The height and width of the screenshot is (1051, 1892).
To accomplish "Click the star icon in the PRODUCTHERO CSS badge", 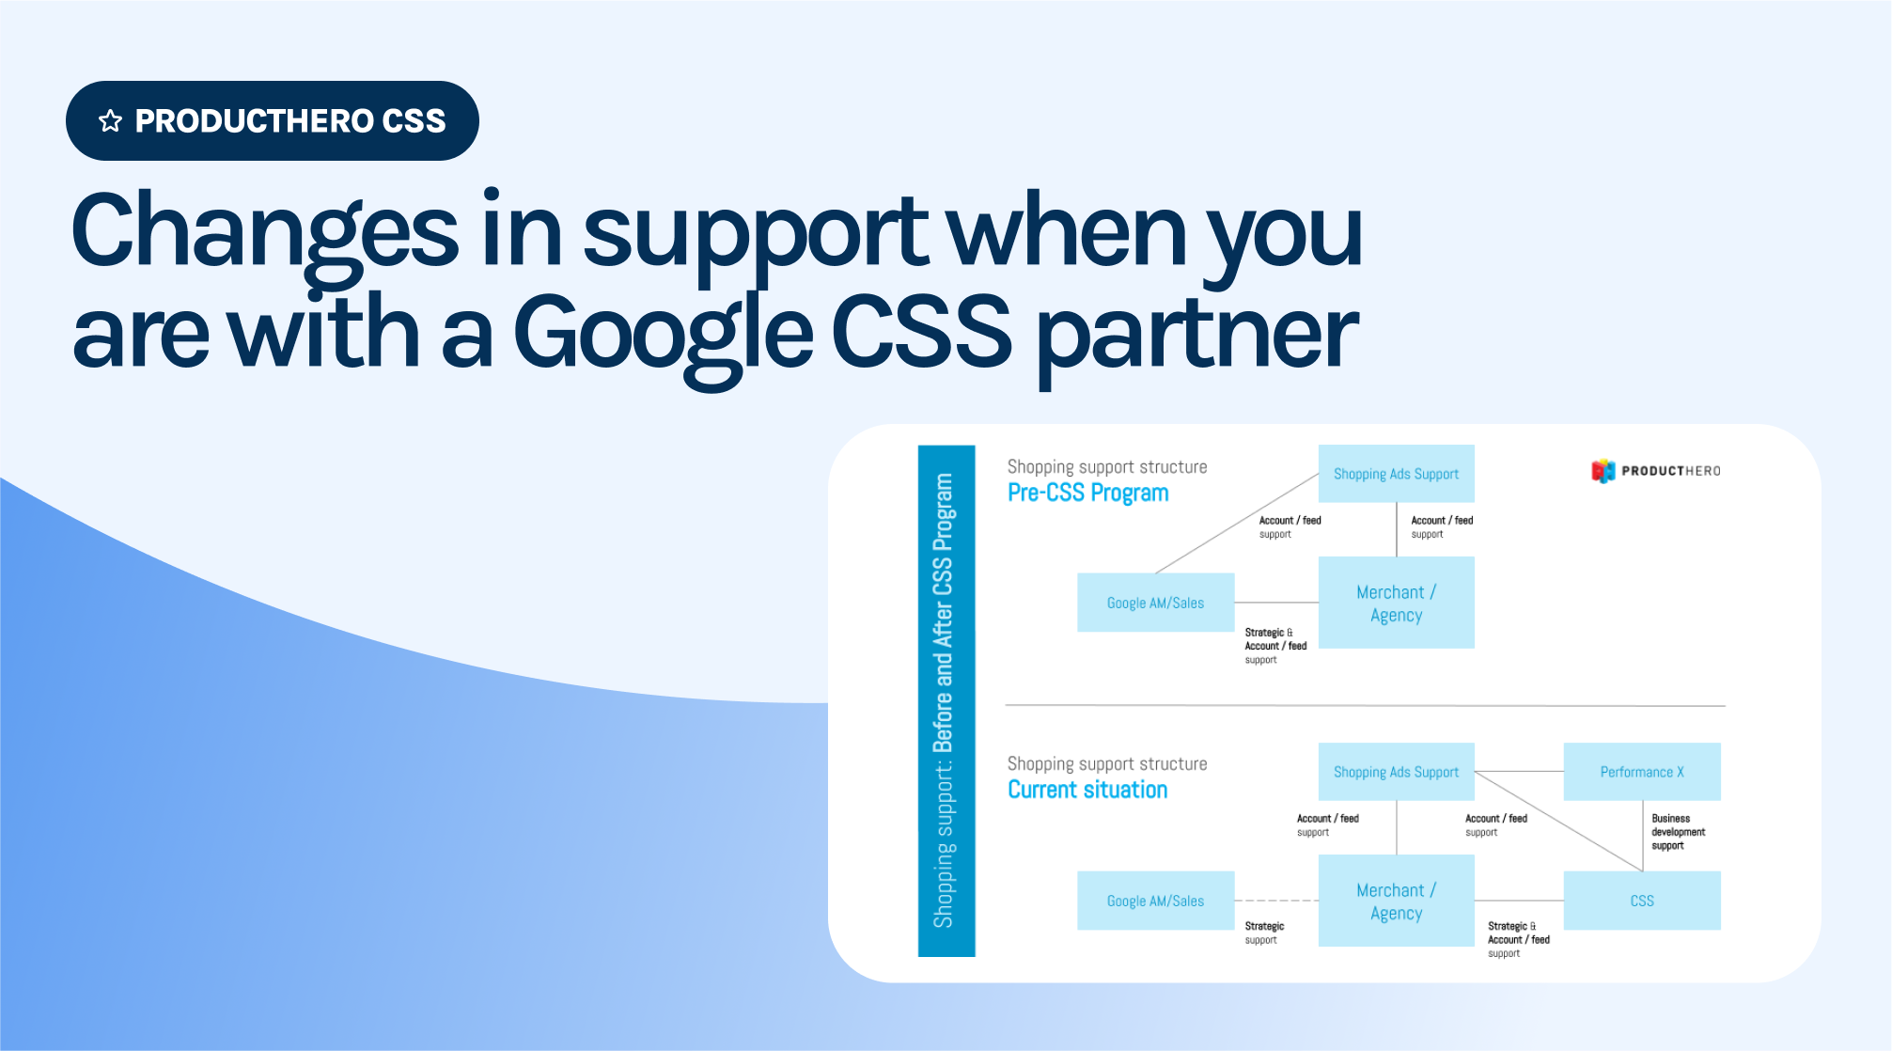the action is (x=111, y=121).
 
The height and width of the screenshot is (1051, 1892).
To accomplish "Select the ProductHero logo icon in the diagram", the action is (x=1603, y=471).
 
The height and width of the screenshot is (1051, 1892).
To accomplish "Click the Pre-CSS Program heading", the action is (x=1087, y=493).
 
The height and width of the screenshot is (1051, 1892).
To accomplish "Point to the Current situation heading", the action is (x=1087, y=790).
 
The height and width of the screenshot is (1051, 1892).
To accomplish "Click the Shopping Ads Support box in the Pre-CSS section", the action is (x=1396, y=474).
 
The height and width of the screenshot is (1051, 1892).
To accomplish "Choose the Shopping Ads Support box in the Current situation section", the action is (x=1396, y=772).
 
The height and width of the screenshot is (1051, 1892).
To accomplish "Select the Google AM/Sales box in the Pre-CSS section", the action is (x=1155, y=603).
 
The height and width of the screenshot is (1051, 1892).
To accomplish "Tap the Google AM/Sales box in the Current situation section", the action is (x=1155, y=901).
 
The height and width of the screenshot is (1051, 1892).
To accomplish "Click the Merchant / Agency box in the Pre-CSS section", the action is (x=1396, y=603).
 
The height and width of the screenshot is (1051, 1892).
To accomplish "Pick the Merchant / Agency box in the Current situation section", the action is (x=1396, y=901).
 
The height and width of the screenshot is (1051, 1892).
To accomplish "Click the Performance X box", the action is (x=1642, y=772).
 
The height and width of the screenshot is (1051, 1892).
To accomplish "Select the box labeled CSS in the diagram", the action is (x=1642, y=901).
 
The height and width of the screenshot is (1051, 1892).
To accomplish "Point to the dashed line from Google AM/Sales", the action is (x=1276, y=901).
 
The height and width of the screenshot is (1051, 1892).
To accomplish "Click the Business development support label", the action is (x=1678, y=832).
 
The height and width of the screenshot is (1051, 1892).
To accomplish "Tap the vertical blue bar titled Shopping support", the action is (x=946, y=700).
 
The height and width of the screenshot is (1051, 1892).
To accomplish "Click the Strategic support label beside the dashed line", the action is (x=1263, y=933).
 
